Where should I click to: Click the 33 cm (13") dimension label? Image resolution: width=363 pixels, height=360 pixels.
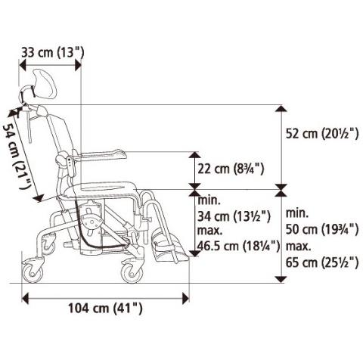pos(52,53)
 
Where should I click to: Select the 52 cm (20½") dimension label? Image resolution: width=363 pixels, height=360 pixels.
pos(322,133)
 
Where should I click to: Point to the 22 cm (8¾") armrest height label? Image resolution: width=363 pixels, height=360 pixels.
pos(231,169)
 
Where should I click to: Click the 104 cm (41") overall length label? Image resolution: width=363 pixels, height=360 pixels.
pos(105,308)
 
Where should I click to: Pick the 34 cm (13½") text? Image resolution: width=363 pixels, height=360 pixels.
pos(234,216)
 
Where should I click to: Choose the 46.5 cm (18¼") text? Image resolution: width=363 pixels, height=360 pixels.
pos(238,246)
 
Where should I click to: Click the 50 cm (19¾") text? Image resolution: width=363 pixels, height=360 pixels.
pos(322,229)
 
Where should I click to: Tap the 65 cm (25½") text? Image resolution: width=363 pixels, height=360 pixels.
pos(322,262)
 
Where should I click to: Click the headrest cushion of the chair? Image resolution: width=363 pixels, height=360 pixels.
pos(45,85)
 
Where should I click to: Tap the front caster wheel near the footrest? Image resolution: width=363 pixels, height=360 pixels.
pos(132,273)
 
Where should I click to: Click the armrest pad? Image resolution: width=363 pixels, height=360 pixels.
pos(101,155)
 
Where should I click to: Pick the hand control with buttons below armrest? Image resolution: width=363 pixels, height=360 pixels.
pos(71,166)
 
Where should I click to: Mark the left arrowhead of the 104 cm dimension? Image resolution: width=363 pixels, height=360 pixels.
pos(25,299)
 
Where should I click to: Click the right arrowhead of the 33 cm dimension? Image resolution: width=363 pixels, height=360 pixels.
pos(78,65)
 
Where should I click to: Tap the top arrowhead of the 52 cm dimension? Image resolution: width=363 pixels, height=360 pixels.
pos(281,108)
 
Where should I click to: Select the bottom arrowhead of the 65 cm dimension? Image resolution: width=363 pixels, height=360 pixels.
pos(281,279)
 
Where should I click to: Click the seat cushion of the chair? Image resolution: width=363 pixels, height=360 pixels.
pos(100,190)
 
